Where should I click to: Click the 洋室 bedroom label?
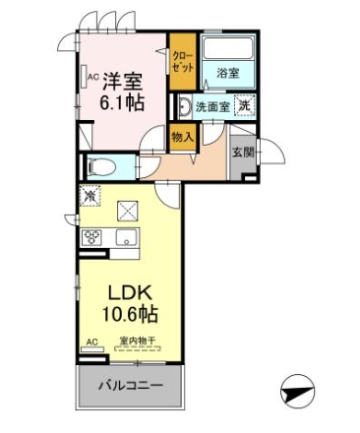[x=123, y=82]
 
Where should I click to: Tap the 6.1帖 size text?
[x=122, y=102]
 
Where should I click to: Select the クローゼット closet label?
[x=183, y=61]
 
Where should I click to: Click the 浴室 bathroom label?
[x=227, y=73]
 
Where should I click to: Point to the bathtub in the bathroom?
[x=228, y=48]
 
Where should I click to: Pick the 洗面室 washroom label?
[x=212, y=106]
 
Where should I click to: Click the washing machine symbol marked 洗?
[x=245, y=104]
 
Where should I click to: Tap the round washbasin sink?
[x=186, y=106]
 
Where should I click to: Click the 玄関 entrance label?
[x=243, y=152]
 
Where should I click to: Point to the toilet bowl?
[x=102, y=167]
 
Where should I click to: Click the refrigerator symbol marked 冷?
[x=90, y=196]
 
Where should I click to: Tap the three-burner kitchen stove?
[x=91, y=237]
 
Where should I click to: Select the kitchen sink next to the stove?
[x=127, y=237]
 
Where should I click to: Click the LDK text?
[x=131, y=292]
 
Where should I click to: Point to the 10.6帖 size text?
[x=130, y=314]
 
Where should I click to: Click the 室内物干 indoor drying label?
[x=137, y=340]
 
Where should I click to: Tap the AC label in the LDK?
[x=92, y=341]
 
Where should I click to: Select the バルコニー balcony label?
[x=131, y=385]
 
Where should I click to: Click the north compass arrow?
[x=298, y=392]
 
